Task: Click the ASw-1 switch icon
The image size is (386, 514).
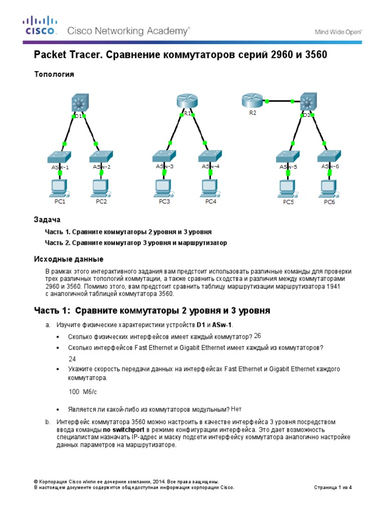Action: (60, 156)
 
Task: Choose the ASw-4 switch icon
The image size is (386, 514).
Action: (211, 156)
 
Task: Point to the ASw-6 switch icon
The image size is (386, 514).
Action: (330, 156)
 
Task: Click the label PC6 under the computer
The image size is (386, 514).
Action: (329, 202)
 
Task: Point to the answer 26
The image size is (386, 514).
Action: (257, 336)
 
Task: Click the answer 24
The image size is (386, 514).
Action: (72, 359)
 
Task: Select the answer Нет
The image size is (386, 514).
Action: (236, 409)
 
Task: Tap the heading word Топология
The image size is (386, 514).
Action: (54, 74)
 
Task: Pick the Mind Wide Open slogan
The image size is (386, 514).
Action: (338, 32)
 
